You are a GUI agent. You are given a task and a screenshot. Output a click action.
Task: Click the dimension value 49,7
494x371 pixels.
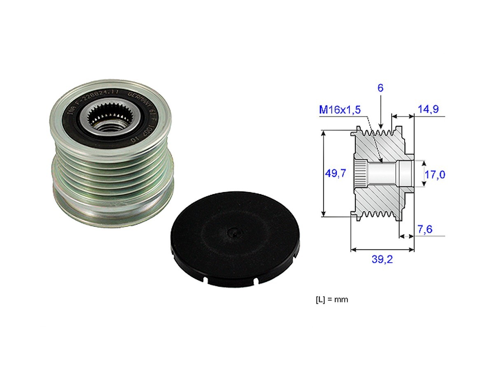point(335,173)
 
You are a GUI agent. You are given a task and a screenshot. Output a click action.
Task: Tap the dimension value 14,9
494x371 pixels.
point(429,109)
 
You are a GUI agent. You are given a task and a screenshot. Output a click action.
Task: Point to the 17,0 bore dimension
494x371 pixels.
point(435,174)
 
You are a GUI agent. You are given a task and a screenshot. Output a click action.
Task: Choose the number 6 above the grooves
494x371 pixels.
point(381,88)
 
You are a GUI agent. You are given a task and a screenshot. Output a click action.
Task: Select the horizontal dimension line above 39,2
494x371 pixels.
point(382,249)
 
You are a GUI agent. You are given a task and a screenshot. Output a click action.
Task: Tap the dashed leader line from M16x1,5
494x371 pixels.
point(373,138)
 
